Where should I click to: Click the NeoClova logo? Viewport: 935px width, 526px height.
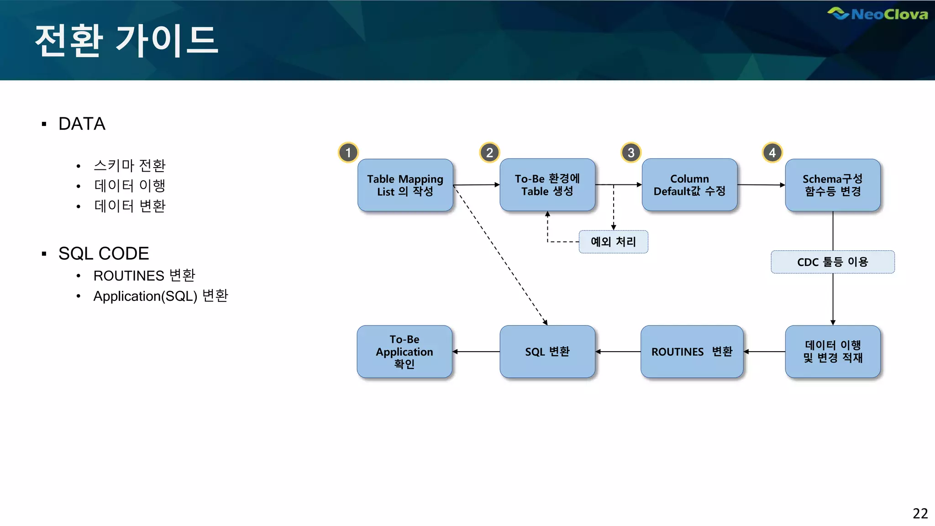click(877, 14)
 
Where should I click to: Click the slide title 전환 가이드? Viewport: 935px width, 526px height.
click(126, 41)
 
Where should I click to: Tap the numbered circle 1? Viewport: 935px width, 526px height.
click(348, 153)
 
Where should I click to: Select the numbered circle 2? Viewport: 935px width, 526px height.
click(489, 153)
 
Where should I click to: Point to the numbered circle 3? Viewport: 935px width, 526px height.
click(631, 153)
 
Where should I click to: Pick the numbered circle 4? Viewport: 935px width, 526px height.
click(772, 153)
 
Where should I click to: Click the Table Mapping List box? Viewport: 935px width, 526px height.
click(405, 185)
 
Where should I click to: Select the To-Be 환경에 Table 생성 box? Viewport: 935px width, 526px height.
click(547, 185)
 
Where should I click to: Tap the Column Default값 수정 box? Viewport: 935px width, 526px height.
click(689, 185)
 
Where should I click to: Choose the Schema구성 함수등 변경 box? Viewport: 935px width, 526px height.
click(833, 185)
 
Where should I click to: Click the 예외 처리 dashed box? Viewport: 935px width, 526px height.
click(613, 242)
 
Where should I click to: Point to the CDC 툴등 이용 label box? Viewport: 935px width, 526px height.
click(833, 262)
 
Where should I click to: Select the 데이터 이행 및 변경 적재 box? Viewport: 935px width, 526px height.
click(833, 352)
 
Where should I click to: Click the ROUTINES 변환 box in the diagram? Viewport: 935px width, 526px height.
click(692, 352)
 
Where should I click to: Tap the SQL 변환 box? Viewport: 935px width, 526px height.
click(547, 352)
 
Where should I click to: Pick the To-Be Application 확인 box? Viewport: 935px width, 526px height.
click(404, 352)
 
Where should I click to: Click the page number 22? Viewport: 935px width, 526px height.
click(920, 514)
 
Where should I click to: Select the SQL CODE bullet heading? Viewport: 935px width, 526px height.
click(104, 253)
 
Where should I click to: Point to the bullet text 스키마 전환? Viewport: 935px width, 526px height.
click(130, 165)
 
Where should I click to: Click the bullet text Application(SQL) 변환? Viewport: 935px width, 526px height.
click(161, 296)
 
